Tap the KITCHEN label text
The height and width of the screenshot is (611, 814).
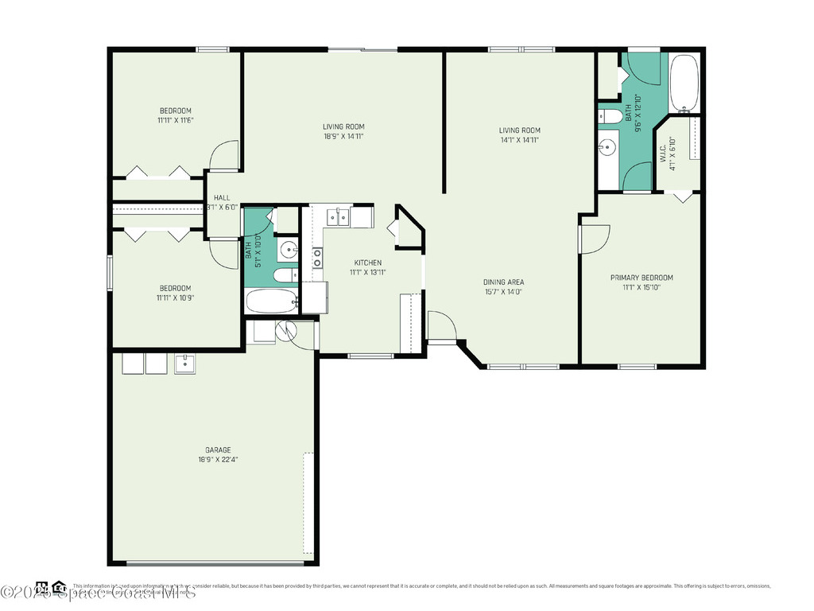click(x=367, y=263)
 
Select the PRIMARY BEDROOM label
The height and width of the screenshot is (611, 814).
click(x=641, y=278)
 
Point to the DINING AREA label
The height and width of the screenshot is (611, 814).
click(x=503, y=282)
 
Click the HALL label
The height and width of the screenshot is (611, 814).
click(x=221, y=198)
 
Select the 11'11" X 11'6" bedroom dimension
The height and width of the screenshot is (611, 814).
click(x=176, y=121)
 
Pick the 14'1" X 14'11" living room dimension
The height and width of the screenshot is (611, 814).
click(x=519, y=140)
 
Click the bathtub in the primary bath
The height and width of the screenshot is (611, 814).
click(x=684, y=83)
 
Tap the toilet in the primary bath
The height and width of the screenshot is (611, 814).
click(x=610, y=118)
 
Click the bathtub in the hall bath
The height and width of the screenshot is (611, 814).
click(x=271, y=301)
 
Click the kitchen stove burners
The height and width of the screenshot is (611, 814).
click(x=317, y=257)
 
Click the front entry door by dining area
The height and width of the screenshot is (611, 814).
click(x=440, y=325)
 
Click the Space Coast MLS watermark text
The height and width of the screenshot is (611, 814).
click(x=96, y=593)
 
